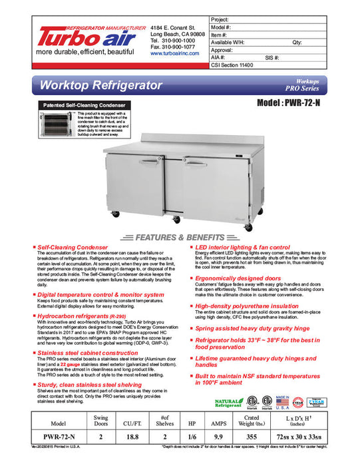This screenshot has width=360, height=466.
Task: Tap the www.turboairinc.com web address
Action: pyautogui.click(x=175, y=54)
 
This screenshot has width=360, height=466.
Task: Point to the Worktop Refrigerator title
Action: pyautogui.click(x=101, y=86)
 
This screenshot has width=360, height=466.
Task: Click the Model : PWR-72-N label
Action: pyautogui.click(x=301, y=105)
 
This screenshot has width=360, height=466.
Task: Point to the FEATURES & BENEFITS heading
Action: pyautogui.click(x=180, y=238)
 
